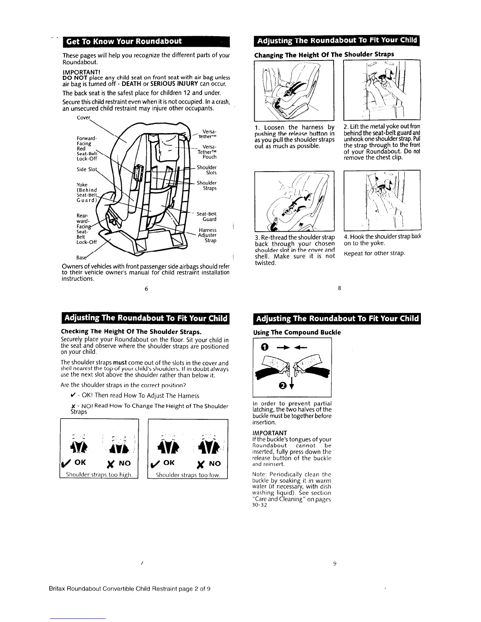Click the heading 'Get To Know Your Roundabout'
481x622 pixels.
pos(124,41)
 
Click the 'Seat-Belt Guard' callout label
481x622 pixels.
pos(206,216)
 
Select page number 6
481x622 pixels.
pos(146,289)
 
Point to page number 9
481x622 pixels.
pos(335,563)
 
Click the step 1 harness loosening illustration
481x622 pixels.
pos(294,90)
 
